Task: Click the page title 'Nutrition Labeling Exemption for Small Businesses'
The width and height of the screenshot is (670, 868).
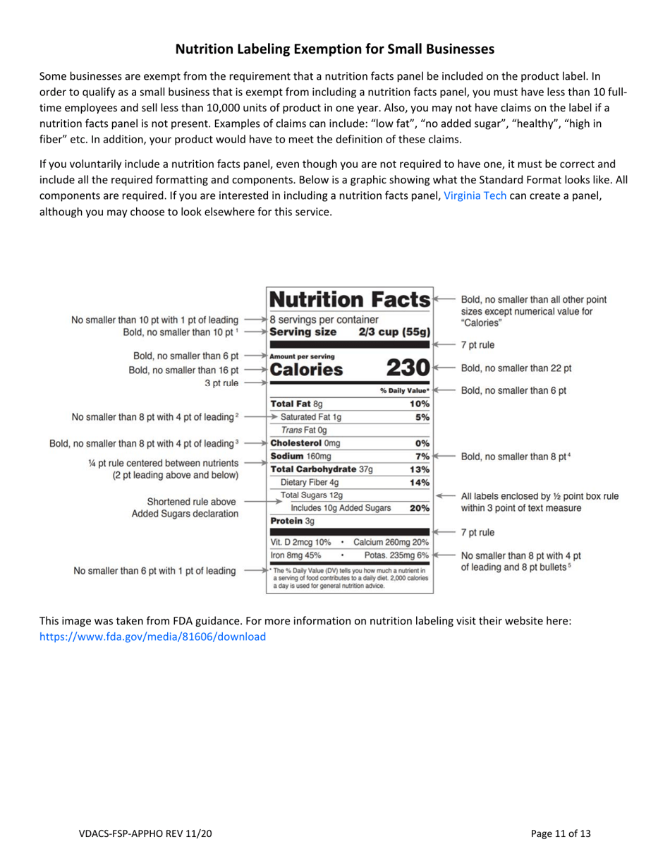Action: [x=334, y=49]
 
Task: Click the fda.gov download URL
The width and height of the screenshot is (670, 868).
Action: [x=153, y=636]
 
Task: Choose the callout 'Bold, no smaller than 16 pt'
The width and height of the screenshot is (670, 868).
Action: [x=181, y=368]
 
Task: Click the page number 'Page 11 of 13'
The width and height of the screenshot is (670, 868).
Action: [x=561, y=833]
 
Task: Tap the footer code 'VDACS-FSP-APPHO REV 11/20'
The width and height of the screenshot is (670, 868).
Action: [x=145, y=833]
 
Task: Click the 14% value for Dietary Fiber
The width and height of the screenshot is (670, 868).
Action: [x=419, y=483]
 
